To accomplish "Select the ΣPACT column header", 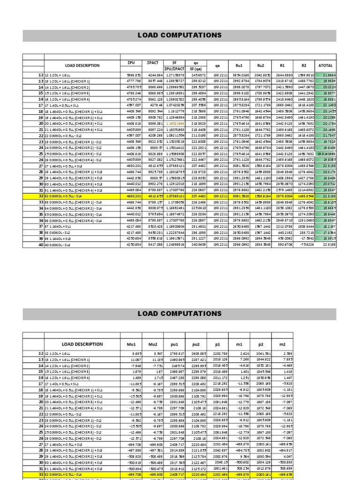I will click(x=153, y=63).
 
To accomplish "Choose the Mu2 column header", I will click(x=153, y=344).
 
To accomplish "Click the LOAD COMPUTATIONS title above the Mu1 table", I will click(x=179, y=313).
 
